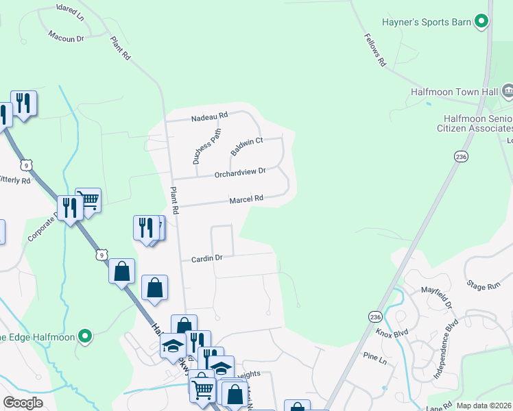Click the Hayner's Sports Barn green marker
click(482, 22)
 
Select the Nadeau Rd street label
click(208, 117)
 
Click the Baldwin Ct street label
click(247, 145)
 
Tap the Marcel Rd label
click(246, 199)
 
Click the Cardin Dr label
click(207, 258)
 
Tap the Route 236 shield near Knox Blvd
click(374, 316)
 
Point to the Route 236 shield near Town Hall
click(460, 157)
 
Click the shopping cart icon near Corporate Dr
click(88, 199)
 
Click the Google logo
click(23, 403)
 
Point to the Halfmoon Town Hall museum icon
click(508, 90)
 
